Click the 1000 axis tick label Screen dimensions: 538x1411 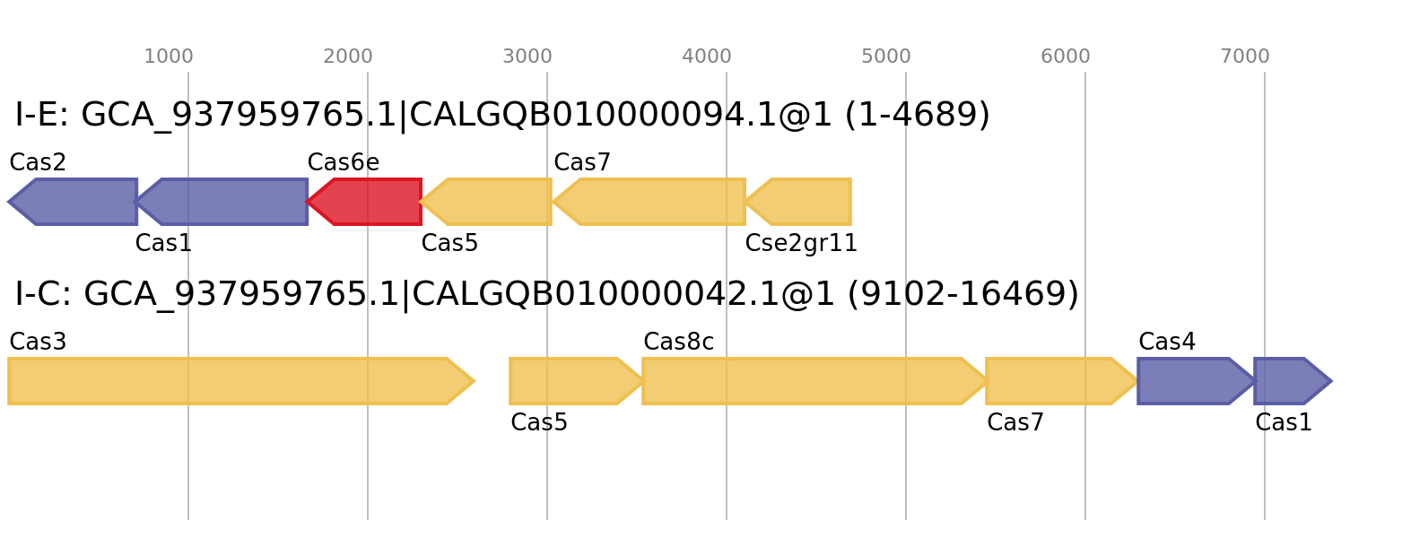pos(169,56)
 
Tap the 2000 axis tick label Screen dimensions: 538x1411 pos(348,56)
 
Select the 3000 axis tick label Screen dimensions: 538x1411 pos(527,56)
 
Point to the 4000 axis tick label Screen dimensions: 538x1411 pos(707,56)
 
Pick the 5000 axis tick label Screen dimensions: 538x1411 pos(886,56)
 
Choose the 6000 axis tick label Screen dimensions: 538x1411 pos(1066,56)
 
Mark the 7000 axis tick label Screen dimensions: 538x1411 pos(1245,56)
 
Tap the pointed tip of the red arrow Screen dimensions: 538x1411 pos(309,202)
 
